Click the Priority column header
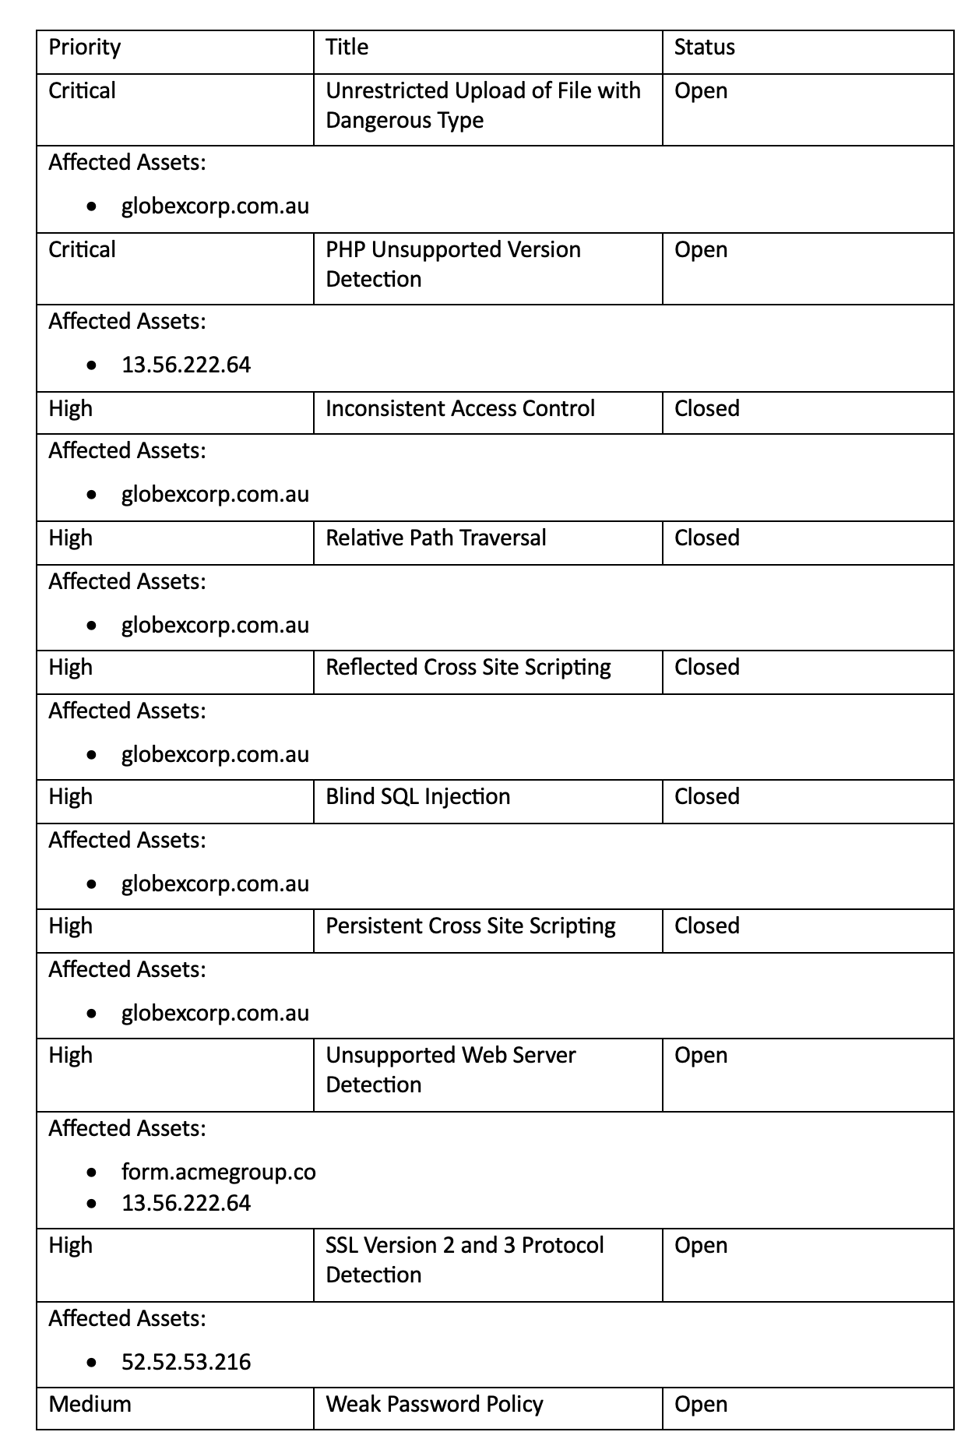pos(85,48)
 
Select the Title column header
pos(347,48)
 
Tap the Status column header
pos(704,48)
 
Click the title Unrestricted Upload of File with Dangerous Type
pos(483,105)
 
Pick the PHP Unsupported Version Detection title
pos(453,264)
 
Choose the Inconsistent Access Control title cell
pos(460,409)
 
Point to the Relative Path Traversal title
pos(436,538)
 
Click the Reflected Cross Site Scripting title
pos(468,668)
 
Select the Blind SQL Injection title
pos(418,797)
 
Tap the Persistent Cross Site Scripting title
pos(470,926)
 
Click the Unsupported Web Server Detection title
pos(451,1070)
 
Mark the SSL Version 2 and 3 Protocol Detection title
pos(465,1260)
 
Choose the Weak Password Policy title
pos(435,1404)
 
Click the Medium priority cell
pos(90,1404)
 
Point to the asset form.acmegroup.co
pos(219,1172)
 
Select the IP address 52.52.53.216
pos(186,1362)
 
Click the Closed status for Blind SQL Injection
pos(707,797)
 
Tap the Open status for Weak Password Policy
pos(701,1404)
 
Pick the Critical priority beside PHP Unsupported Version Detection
pos(82,250)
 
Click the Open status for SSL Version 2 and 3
pos(701,1246)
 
